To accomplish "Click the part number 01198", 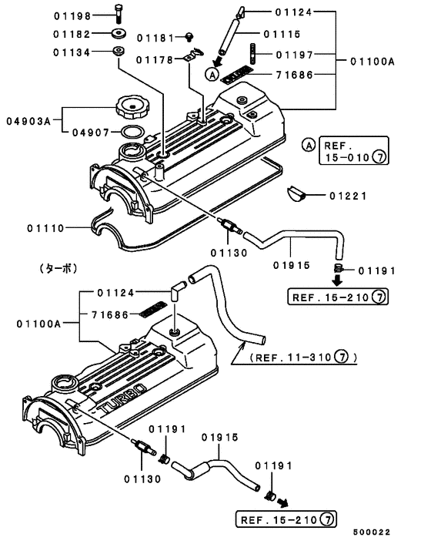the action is tap(72, 16).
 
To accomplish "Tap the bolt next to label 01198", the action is tap(119, 14).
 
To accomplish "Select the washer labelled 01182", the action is tap(119, 34).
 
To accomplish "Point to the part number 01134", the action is tap(72, 52).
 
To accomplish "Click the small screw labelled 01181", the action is tap(189, 36).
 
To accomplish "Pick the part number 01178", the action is tap(155, 60).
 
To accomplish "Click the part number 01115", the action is tap(282, 34).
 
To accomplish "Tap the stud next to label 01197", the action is tap(253, 53).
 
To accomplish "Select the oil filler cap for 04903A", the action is tap(130, 107).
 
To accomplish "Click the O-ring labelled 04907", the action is tap(132, 132).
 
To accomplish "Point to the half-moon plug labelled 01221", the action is tap(296, 193).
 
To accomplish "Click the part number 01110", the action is tap(45, 228).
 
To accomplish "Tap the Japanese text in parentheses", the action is tap(58, 268).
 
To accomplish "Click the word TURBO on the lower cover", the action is tap(122, 398).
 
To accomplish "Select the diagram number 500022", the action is tap(372, 532).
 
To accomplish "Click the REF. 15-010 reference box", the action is tap(353, 150).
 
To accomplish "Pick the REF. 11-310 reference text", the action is tap(303, 357).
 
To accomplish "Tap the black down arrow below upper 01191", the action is tap(337, 280).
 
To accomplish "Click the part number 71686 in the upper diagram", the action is tap(295, 75).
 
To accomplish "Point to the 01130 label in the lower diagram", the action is tap(142, 479).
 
